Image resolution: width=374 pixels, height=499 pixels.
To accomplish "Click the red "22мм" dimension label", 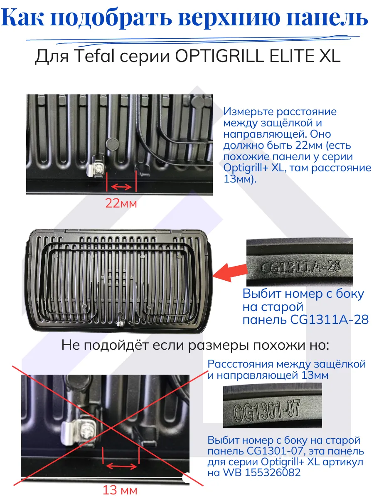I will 121,204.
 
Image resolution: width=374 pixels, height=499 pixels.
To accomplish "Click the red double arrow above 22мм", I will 121,187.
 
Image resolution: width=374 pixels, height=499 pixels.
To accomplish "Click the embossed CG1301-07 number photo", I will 272,406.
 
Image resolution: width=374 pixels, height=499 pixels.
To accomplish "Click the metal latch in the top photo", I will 97,166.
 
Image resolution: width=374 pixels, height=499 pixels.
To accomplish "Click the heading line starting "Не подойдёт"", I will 195,345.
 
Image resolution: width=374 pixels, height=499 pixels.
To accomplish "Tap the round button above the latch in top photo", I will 112,144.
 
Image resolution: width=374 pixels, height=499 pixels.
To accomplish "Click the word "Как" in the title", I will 27,19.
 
